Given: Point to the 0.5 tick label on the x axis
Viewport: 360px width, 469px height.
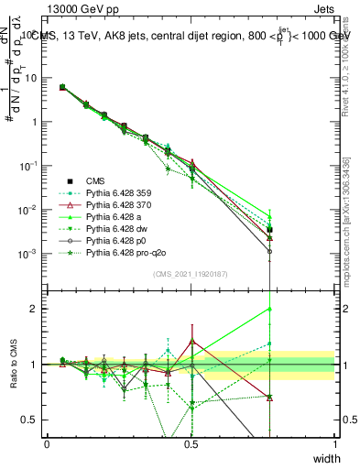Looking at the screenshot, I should click(191, 443).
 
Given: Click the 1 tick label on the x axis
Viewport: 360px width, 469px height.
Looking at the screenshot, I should click(335, 443).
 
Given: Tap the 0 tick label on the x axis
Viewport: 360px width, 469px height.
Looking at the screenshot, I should click(47, 443).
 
